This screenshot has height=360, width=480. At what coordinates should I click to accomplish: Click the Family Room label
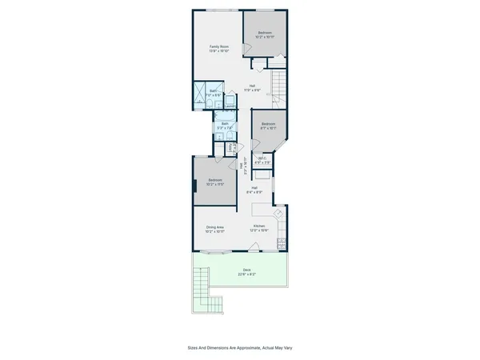tap(220, 49)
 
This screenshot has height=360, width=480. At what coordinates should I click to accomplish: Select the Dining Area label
tap(215, 229)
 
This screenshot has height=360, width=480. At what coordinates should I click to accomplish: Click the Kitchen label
tap(260, 229)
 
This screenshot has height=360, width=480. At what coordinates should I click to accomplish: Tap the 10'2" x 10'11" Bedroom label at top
tap(265, 34)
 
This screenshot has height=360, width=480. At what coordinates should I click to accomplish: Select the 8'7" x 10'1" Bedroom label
tap(267, 126)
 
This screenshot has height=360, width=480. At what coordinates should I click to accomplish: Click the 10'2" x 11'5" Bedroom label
tap(215, 182)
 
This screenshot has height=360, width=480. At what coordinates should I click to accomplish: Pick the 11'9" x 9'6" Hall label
tap(252, 88)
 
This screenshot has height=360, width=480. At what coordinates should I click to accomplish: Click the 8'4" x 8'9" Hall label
tap(254, 190)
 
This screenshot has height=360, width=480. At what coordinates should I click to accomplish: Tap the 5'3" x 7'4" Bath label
tap(225, 126)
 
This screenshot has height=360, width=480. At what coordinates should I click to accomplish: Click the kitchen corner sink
tap(278, 213)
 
